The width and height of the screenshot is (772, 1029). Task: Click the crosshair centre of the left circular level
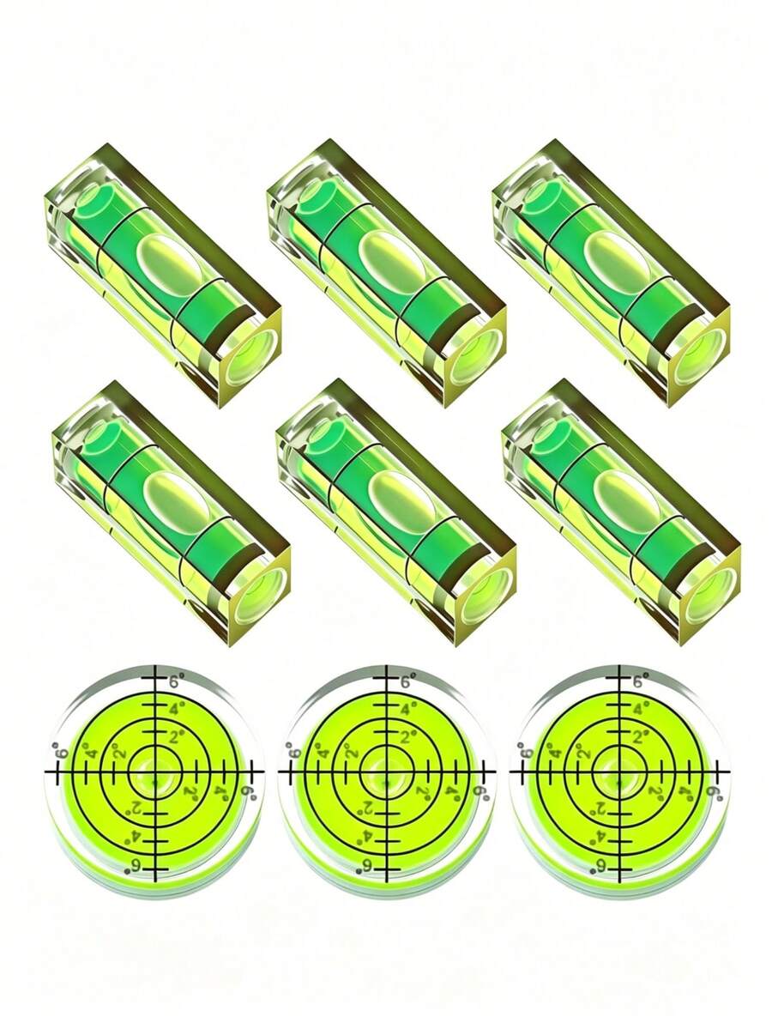pyautogui.click(x=155, y=772)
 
